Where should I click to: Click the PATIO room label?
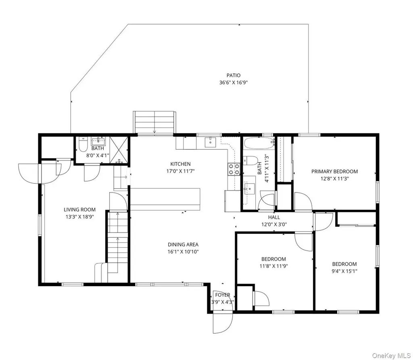pos(234,75)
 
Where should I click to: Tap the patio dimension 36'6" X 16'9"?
pos(234,82)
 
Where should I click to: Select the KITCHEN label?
pos(180,164)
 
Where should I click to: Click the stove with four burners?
pos(234,169)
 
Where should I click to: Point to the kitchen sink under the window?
pos(210,142)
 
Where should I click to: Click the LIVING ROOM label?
pos(80,210)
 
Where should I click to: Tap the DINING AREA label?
pos(183,245)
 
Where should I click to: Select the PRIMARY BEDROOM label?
pos(334,172)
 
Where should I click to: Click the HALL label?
pos(274,218)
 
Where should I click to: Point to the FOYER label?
pos(223,295)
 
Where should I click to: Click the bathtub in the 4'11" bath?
pos(259,143)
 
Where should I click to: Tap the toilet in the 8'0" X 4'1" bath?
pos(83,144)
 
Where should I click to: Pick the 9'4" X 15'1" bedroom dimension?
pos(344,271)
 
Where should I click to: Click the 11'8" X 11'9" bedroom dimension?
pos(274,266)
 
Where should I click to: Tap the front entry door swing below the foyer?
pos(223,322)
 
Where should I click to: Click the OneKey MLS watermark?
pos(391,356)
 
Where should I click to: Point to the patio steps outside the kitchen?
pos(154,123)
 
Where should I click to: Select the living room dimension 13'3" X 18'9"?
pos(80,217)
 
